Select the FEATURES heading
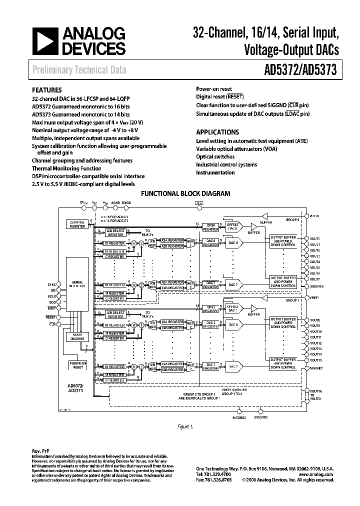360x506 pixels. tap(47, 90)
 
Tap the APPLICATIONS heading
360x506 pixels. tap(217, 132)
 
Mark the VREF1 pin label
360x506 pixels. tap(315, 297)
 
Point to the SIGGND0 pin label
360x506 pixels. tap(316, 286)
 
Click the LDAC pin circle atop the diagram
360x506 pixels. tap(200, 208)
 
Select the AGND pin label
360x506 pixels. tap(116, 203)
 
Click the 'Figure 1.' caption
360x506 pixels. tap(185, 426)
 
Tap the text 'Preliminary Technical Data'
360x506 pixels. tap(79, 70)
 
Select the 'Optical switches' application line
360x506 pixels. tap(215, 156)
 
